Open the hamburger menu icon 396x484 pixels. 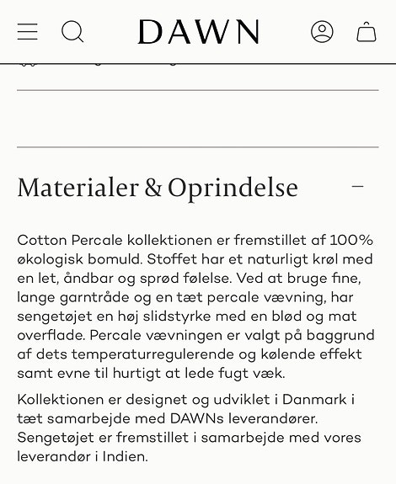28,32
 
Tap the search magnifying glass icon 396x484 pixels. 73,32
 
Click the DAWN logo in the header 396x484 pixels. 198,32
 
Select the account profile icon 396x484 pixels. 322,32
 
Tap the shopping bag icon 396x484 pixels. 367,32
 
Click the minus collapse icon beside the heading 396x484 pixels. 358,187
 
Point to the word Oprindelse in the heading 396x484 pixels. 233,188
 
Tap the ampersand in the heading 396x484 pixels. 153,188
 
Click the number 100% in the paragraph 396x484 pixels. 351,240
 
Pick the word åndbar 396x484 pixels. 90,278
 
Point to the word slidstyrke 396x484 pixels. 169,316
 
